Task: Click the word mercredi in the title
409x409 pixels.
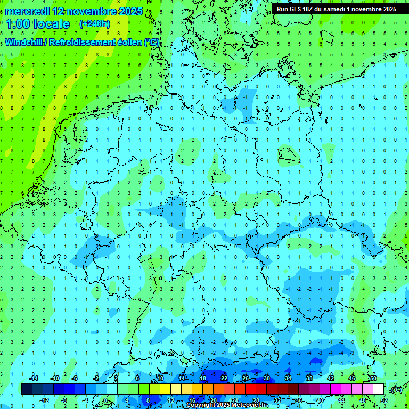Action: [x=27, y=11]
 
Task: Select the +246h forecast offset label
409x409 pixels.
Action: [x=94, y=24]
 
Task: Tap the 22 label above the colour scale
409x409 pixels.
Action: [x=224, y=378]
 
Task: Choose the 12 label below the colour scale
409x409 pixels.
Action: [x=171, y=400]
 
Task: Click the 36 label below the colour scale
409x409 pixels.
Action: [x=298, y=400]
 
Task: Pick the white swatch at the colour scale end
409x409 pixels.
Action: [x=378, y=389]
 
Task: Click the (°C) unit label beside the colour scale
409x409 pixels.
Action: [x=396, y=390]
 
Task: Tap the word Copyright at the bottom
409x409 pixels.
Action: [x=202, y=405]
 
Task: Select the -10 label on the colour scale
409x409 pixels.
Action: [x=54, y=378]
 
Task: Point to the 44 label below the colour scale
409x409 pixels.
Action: [x=341, y=400]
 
